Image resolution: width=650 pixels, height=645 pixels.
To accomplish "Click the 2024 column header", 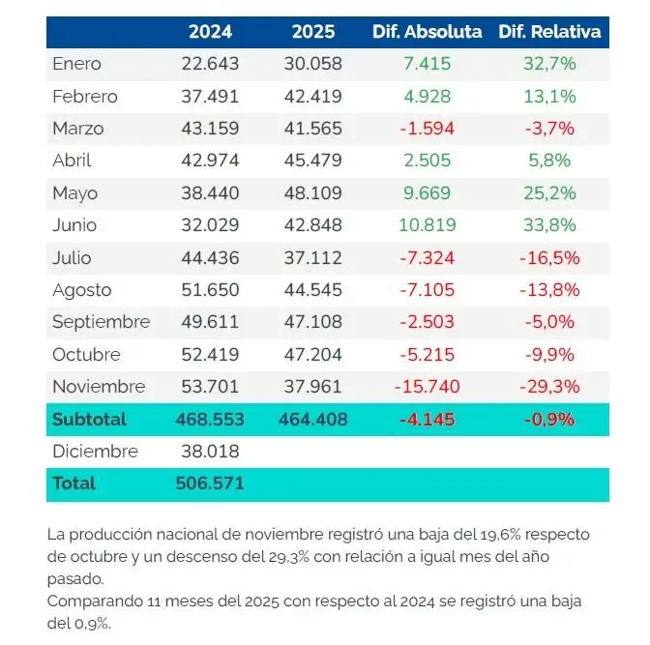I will click(210, 32).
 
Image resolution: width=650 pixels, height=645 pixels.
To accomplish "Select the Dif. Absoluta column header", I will click(427, 32).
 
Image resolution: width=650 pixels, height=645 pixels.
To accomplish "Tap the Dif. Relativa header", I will click(549, 32).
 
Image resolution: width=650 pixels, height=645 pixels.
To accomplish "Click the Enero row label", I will click(77, 65).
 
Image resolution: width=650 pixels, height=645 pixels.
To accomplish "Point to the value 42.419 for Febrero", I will click(312, 97).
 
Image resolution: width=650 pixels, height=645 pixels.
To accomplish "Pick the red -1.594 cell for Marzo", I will click(427, 129).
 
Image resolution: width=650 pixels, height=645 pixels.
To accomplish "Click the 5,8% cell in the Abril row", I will click(549, 161).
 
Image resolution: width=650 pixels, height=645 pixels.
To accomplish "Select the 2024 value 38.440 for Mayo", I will click(210, 193).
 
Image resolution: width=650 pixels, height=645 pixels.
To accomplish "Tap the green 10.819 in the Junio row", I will click(427, 225).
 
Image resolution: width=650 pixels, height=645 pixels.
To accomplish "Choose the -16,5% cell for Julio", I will click(549, 257).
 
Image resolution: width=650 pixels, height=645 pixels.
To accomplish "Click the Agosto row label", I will click(82, 290).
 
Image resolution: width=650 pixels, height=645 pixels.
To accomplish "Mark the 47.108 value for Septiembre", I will click(312, 322).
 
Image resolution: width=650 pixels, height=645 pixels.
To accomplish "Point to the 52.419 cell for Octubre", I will click(210, 354).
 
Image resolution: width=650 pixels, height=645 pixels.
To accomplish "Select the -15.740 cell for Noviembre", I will click(427, 387).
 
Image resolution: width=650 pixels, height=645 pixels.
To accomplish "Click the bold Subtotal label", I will click(89, 420).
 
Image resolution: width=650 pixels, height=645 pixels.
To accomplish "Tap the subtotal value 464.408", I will click(312, 420).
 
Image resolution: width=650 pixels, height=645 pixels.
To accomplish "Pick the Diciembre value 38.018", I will click(210, 452).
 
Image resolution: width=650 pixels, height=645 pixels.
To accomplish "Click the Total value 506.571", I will click(210, 484).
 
